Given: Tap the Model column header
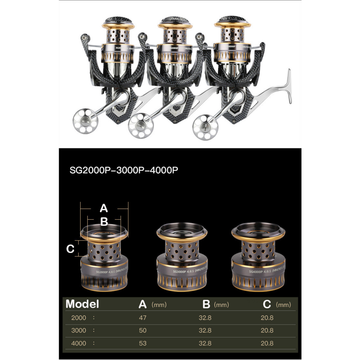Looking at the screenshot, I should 82,304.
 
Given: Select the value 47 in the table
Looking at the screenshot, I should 142,318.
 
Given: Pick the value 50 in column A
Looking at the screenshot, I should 142,330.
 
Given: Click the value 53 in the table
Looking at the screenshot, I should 142,343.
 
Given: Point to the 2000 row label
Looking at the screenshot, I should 78,318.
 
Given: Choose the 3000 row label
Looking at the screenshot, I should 78,330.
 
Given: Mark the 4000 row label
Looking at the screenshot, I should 78,343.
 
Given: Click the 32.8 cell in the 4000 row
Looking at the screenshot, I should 205,343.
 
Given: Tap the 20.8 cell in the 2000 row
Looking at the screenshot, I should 267,318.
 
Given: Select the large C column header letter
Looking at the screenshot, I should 267,304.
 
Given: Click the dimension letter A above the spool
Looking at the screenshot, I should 103,208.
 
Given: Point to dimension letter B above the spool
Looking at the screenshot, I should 104,222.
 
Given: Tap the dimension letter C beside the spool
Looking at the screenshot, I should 70,249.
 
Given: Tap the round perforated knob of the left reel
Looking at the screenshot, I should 84,121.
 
